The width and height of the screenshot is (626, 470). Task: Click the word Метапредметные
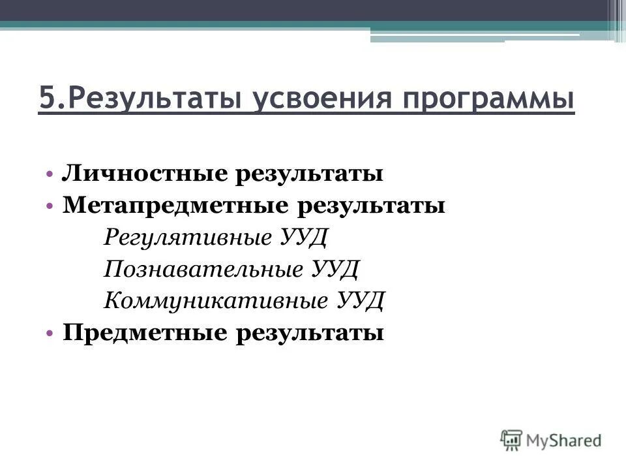coord(175,206)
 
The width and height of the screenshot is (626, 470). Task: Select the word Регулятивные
coord(186,237)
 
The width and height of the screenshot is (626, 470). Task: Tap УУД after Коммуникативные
coord(363,301)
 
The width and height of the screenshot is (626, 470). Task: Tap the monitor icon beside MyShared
coord(512,439)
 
